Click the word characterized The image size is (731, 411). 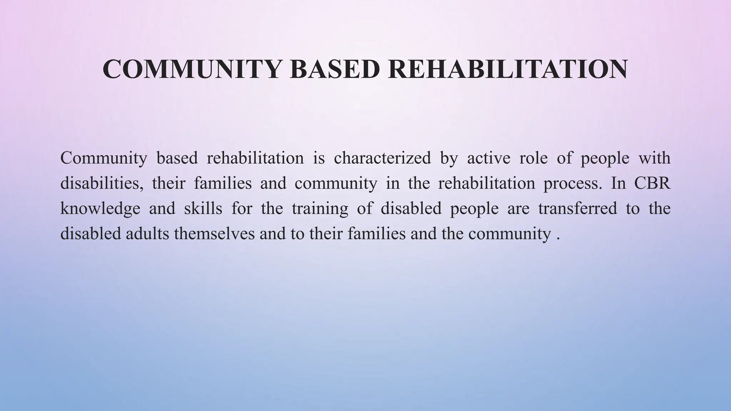382,158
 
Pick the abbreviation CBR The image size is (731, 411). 652,183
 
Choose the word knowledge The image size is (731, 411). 100,209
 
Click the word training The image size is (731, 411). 320,209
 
